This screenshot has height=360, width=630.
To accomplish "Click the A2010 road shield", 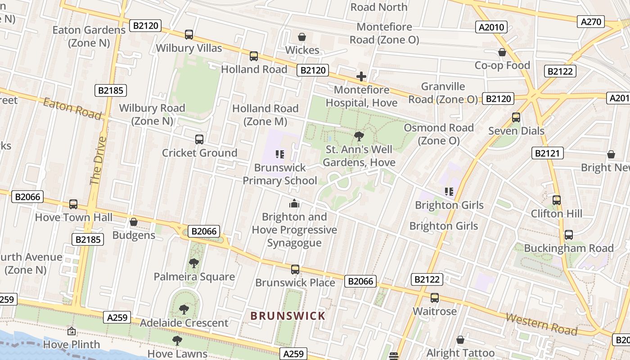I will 491,27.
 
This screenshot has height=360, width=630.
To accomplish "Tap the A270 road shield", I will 591,21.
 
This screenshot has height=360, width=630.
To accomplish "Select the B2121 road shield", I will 547,153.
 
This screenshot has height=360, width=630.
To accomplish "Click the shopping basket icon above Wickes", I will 302,37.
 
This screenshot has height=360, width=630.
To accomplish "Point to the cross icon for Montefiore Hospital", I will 361,77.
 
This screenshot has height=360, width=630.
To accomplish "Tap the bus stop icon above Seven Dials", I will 516,117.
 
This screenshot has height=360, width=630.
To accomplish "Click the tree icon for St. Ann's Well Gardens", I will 359,136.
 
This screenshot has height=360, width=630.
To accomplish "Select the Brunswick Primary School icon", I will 280,155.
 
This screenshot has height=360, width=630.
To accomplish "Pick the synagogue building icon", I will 294,203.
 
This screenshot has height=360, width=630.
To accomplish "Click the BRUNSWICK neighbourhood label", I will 288,316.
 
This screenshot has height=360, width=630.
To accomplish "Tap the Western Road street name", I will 541,324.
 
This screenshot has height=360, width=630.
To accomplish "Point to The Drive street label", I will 98,160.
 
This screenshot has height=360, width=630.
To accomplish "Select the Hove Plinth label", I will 72,345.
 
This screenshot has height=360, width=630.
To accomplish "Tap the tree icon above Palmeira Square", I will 194,263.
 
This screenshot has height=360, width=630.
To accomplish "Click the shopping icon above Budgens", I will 134,222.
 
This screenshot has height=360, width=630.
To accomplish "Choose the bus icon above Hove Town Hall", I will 73,204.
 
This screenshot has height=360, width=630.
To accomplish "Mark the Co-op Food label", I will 502,65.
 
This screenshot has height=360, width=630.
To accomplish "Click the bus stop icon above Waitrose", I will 435,298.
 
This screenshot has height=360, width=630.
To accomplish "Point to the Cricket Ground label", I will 199,153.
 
